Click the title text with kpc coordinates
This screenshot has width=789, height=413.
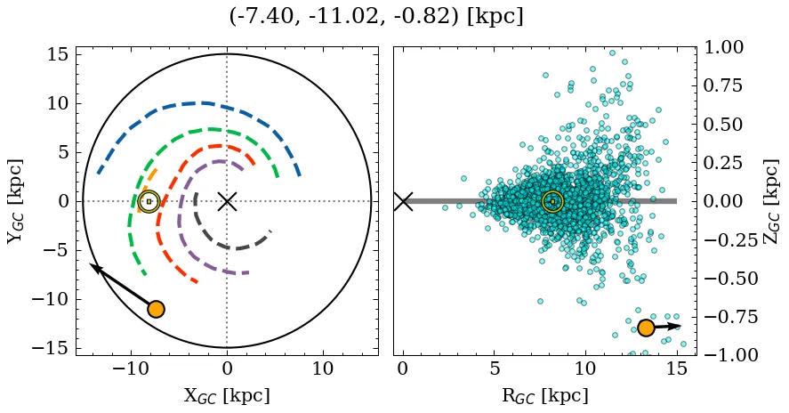point(375,17)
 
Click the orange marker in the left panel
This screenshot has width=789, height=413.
point(156,309)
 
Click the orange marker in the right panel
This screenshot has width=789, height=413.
point(646,328)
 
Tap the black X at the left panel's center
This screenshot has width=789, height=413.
point(227,201)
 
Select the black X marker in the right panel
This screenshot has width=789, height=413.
point(403,201)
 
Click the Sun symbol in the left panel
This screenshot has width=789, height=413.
point(149,201)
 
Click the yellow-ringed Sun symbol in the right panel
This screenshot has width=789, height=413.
point(552,201)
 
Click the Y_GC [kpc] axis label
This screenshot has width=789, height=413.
point(15,201)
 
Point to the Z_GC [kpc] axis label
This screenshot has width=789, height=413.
point(771,201)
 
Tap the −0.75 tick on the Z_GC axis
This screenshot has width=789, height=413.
point(729,316)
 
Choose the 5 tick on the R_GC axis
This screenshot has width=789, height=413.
point(494,368)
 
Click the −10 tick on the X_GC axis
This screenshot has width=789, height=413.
point(132,368)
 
